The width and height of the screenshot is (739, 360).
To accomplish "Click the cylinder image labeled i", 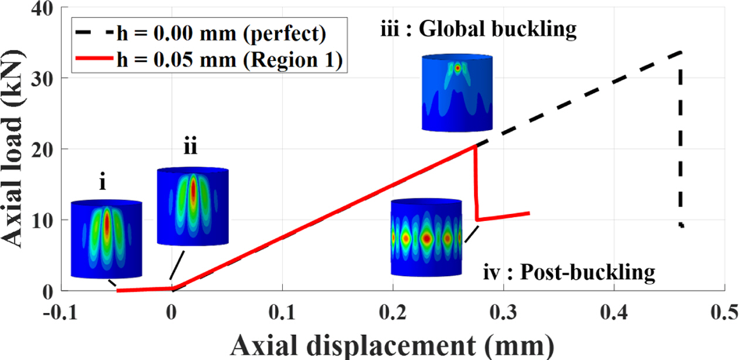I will pyautogui.click(x=106, y=239).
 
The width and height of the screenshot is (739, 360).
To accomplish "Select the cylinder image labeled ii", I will pyautogui.click(x=192, y=206).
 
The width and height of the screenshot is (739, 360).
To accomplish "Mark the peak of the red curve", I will pyautogui.click(x=474, y=145).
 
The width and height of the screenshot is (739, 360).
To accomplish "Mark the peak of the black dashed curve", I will pyautogui.click(x=680, y=52).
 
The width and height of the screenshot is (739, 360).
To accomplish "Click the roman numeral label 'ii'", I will pyautogui.click(x=189, y=148).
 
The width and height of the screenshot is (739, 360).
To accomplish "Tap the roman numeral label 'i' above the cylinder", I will pyautogui.click(x=103, y=184).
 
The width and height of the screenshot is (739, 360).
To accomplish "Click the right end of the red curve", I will pyautogui.click(x=530, y=213).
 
